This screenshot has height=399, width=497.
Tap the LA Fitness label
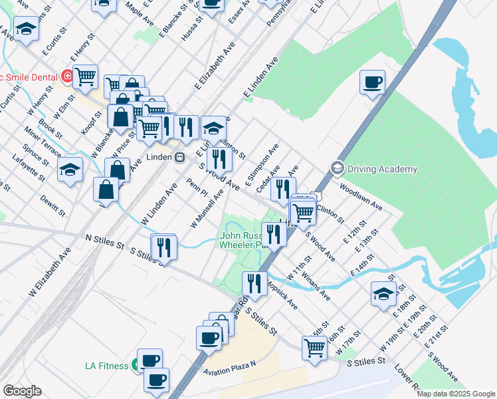click(109, 365)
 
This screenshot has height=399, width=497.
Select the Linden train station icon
click(179, 158)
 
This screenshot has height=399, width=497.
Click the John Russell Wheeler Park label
click(245, 239)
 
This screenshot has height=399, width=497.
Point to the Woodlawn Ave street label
click(361, 198)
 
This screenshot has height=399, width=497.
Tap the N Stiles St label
click(105, 242)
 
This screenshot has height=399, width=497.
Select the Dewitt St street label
click(52, 205)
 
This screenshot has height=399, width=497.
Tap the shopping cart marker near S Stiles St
click(314, 346)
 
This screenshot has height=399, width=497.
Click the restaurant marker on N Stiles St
click(163, 247)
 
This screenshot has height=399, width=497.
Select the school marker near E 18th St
click(384, 293)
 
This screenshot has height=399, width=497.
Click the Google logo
click(22, 391)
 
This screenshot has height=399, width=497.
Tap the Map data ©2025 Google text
click(456, 394)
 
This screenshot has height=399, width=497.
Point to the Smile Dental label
click(30, 76)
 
